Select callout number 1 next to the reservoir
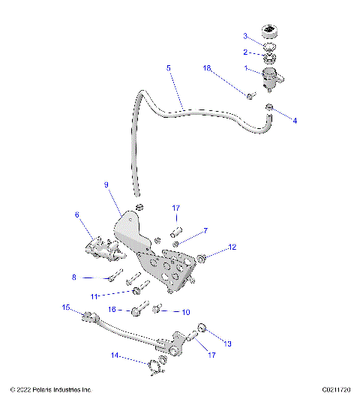pyautogui.click(x=246, y=67)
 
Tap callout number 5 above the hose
pyautogui.click(x=169, y=68)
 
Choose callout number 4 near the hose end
pyautogui.click(x=295, y=120)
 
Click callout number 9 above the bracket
pyautogui.click(x=106, y=184)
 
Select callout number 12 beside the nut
pyautogui.click(x=232, y=247)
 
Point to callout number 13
pyautogui.click(x=229, y=343)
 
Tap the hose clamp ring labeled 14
pyautogui.click(x=155, y=367)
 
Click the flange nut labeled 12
pyautogui.click(x=202, y=259)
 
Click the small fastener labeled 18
pyautogui.click(x=250, y=94)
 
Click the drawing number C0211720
pyautogui.click(x=337, y=390)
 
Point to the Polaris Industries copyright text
pyautogui.click(x=51, y=390)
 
